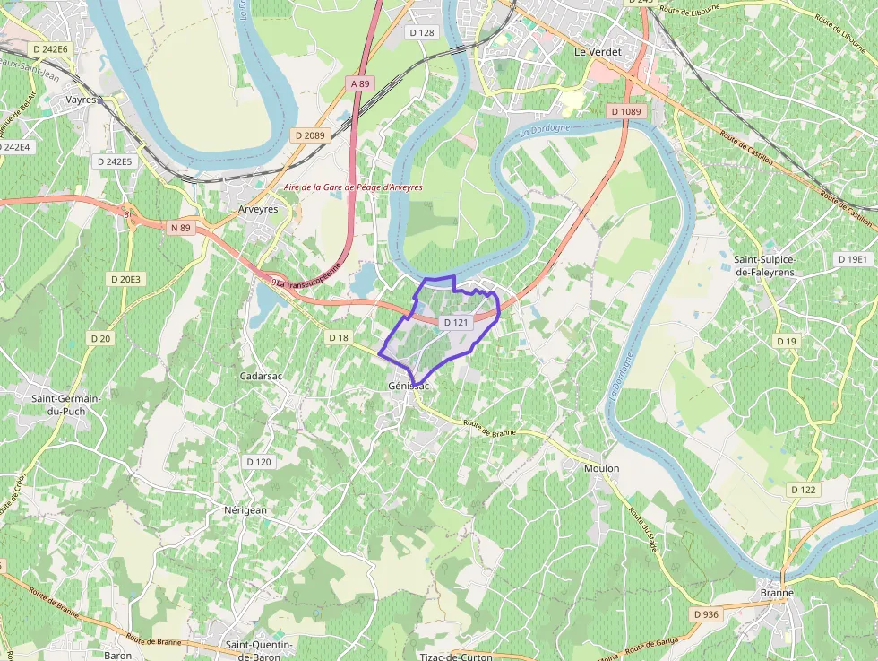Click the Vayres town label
point(81,100)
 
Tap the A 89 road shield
point(359,83)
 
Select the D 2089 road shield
point(310,135)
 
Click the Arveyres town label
point(258,209)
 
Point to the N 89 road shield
point(180,228)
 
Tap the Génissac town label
point(409,386)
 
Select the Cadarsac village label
point(262,376)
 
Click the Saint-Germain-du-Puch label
point(65,404)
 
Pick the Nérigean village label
point(245,509)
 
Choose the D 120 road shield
point(258,461)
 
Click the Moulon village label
point(601,468)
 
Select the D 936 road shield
point(706,614)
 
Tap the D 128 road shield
point(421,32)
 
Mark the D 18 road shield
point(339,337)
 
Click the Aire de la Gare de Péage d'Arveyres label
point(352,187)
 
